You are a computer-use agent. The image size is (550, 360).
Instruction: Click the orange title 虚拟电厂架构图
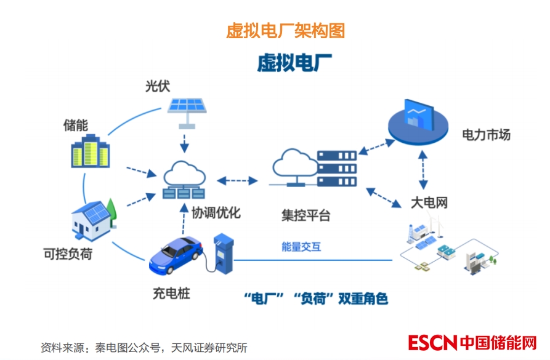[x=286, y=30]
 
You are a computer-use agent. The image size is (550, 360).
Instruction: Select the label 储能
[x=76, y=125]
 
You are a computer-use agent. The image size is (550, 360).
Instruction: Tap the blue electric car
[x=176, y=254]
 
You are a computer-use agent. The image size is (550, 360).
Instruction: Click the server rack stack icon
[x=337, y=168]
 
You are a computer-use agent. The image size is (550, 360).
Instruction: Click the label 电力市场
[x=487, y=135]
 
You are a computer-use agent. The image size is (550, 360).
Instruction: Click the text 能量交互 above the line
[x=301, y=247]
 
